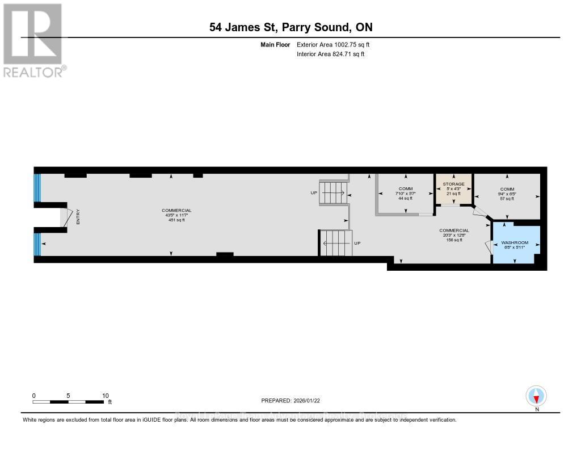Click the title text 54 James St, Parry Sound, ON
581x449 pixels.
pos(290,27)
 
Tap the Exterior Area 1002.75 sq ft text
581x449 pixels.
pos(333,44)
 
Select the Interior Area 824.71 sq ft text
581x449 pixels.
pos(330,54)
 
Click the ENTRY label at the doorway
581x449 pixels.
pos(78,217)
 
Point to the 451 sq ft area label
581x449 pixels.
pos(176,220)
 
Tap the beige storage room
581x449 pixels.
pos(453,189)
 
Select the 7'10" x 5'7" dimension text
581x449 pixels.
pos(405,194)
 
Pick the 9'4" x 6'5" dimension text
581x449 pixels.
pos(507,194)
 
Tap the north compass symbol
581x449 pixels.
pos(536,396)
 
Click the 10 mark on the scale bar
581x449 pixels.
pos(105,396)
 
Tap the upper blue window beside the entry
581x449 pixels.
pos(38,188)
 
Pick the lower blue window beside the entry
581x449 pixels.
pos(38,244)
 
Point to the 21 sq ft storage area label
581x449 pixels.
pos(453,194)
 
